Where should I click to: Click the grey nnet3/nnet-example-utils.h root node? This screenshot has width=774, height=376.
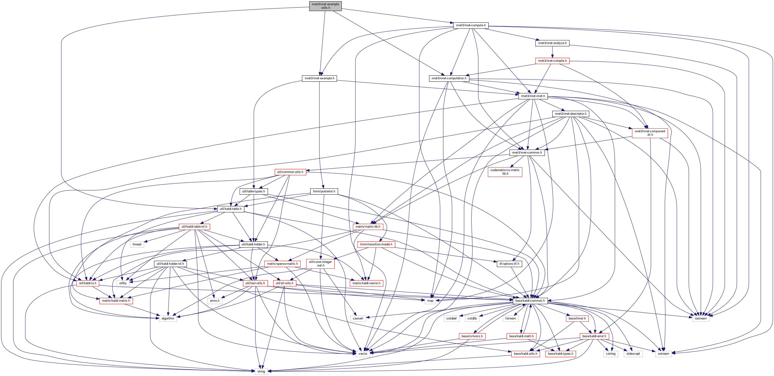pyautogui.click(x=325, y=6)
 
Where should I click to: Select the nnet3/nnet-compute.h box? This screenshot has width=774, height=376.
pyautogui.click(x=470, y=25)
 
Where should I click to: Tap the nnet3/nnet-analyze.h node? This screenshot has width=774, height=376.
pyautogui.click(x=552, y=43)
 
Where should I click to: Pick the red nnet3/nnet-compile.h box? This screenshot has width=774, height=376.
pyautogui.click(x=552, y=61)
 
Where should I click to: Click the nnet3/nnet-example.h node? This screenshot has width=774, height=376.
pyautogui.click(x=319, y=78)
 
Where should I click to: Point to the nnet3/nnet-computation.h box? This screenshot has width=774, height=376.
pyautogui.click(x=449, y=78)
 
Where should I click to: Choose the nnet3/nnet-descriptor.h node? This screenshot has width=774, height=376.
pyautogui.click(x=570, y=114)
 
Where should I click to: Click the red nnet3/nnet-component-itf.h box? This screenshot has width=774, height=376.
pyautogui.click(x=650, y=133)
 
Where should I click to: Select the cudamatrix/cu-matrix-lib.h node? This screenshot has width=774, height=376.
pyautogui.click(x=505, y=172)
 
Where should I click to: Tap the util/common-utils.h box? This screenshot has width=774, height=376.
pyautogui.click(x=290, y=172)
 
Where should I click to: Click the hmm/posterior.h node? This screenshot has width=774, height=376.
pyautogui.click(x=324, y=191)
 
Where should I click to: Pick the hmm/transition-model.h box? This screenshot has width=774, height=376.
pyautogui.click(x=376, y=244)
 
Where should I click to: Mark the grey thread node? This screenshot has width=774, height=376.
pyautogui.click(x=137, y=244)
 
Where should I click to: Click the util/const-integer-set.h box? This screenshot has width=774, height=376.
pyautogui.click(x=320, y=264)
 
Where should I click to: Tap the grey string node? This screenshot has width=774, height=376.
pyautogui.click(x=261, y=372)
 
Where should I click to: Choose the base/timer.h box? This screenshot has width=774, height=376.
pyautogui.click(x=577, y=318)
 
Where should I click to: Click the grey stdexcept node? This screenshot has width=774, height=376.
pyautogui.click(x=633, y=354)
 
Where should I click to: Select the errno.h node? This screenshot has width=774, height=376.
pyautogui.click(x=215, y=301)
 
